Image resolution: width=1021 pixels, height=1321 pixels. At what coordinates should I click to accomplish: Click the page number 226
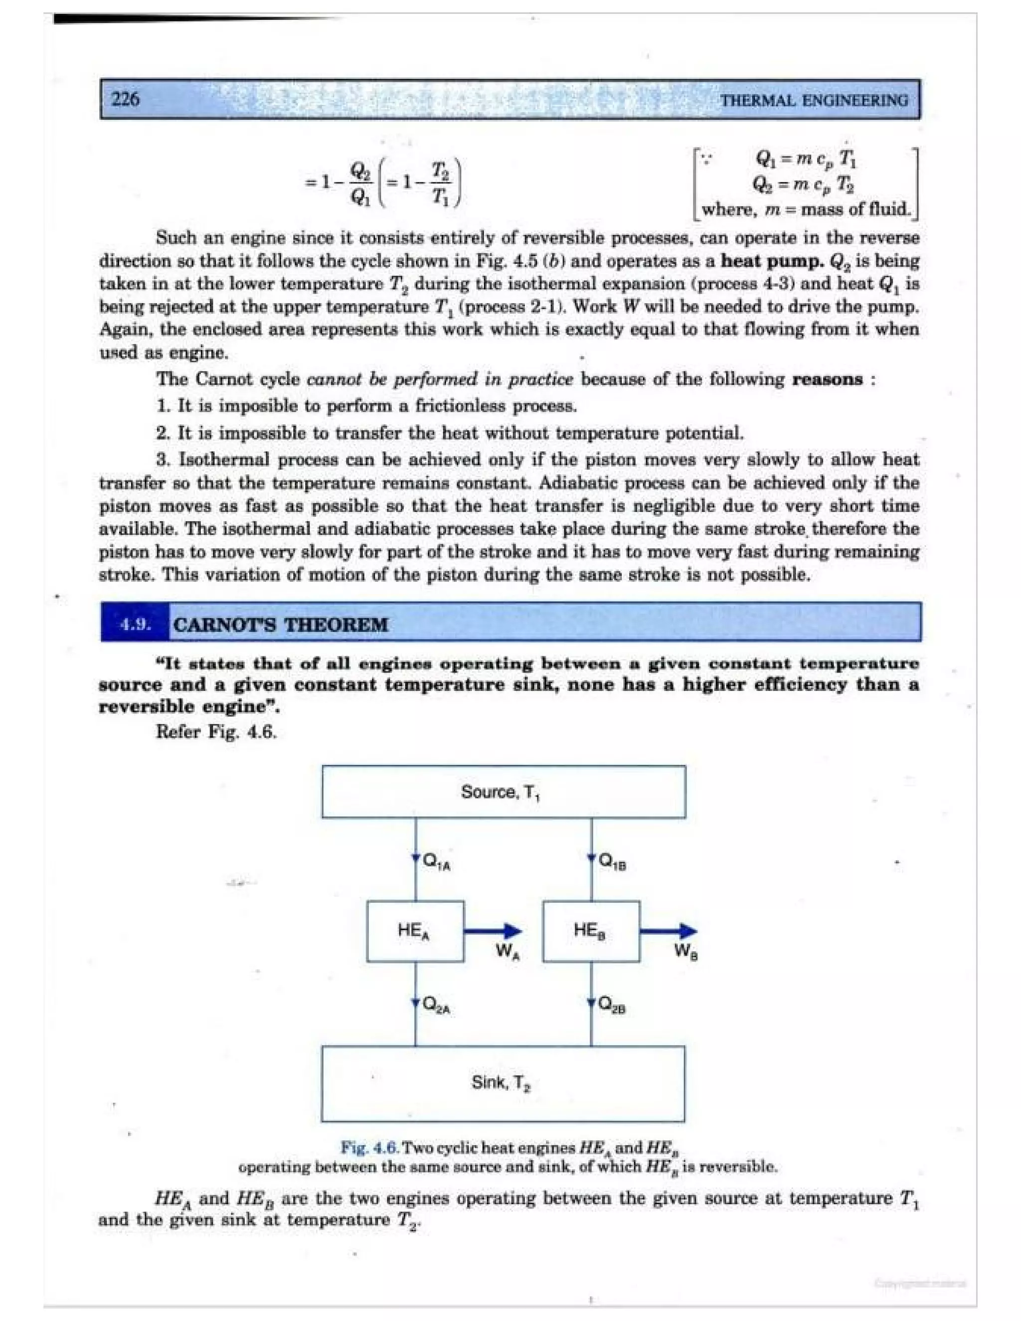[x=126, y=99]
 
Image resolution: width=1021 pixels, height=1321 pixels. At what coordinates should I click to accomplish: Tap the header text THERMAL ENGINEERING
[x=814, y=100]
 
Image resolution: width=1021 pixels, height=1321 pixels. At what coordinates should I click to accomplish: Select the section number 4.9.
[x=136, y=624]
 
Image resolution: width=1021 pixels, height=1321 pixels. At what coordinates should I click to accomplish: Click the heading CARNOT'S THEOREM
[x=281, y=624]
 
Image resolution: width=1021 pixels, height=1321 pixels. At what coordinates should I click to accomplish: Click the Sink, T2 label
[x=501, y=1082]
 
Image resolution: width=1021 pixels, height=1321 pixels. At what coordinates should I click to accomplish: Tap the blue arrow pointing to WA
[x=493, y=932]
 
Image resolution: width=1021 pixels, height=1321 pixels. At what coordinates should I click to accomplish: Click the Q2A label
[x=437, y=1004]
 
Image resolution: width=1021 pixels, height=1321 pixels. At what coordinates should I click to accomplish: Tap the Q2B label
[x=612, y=1004]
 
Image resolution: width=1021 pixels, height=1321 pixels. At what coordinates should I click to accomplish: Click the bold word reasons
[x=827, y=380]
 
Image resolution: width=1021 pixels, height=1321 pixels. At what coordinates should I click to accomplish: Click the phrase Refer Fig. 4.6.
[x=216, y=732]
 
